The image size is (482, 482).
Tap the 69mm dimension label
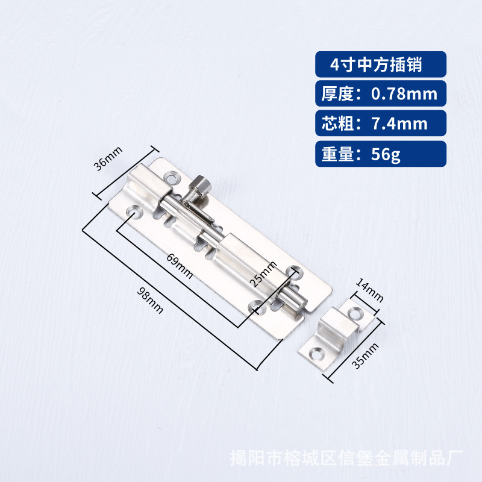(x=180, y=265)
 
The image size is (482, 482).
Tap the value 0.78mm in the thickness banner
(x=404, y=94)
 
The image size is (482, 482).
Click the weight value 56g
(x=386, y=155)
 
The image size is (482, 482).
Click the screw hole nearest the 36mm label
(x=174, y=178)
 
